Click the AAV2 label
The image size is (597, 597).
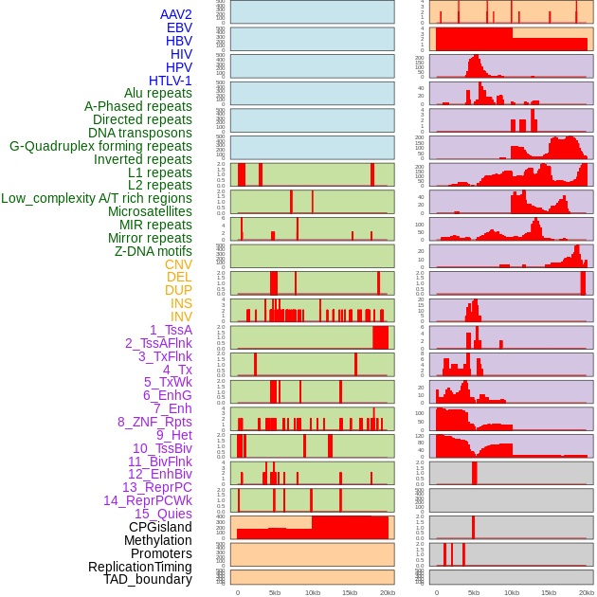(176, 14)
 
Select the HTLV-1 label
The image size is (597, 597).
(171, 81)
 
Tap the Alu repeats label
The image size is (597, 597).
(158, 93)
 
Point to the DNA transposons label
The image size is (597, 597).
(140, 133)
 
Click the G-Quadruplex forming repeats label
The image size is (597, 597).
(100, 146)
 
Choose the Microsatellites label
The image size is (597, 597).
(150, 211)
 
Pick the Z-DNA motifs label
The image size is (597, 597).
(154, 251)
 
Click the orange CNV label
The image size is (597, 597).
(178, 264)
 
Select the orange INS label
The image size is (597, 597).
(181, 303)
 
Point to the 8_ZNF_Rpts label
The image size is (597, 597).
(154, 422)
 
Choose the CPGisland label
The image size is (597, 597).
(160, 527)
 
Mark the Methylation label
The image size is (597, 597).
(158, 540)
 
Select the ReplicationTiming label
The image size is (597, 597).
(140, 567)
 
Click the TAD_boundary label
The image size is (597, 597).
(148, 579)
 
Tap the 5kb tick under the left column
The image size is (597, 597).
(275, 592)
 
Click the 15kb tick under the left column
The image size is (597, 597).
(350, 592)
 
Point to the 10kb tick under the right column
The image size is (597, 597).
(512, 592)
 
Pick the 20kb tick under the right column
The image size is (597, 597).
(587, 592)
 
